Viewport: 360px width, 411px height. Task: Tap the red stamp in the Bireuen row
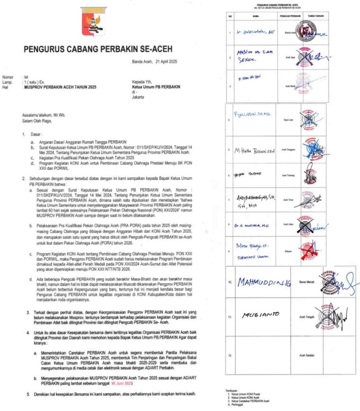click(306, 248)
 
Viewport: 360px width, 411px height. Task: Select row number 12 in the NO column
click(230, 356)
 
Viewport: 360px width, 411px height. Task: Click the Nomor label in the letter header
click(8, 78)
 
